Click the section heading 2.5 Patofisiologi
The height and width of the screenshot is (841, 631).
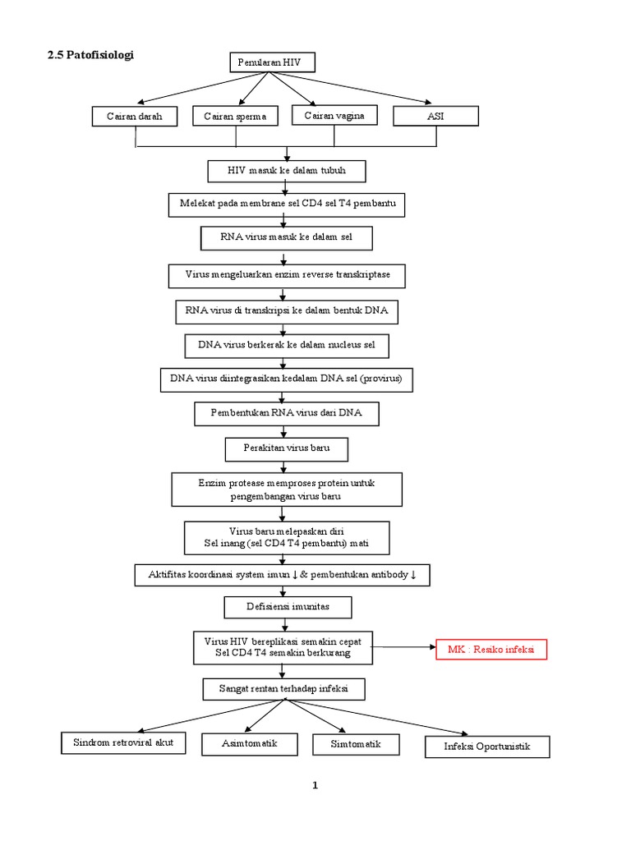coord(90,55)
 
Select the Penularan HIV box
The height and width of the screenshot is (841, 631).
coord(269,62)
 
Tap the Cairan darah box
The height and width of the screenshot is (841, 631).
coord(135,117)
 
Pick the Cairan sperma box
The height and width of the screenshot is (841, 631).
coord(235,117)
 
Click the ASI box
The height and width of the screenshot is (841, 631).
coord(435,117)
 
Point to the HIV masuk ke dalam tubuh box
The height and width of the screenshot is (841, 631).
coord(286,170)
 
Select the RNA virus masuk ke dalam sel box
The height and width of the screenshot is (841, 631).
coord(286,237)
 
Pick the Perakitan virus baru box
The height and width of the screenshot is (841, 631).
coord(286,449)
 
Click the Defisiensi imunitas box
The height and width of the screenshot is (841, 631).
coord(288,607)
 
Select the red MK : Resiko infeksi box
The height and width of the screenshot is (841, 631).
coord(491,650)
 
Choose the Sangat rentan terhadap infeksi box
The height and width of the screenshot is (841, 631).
coord(283,687)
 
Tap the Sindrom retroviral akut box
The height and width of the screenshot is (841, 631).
coord(123,743)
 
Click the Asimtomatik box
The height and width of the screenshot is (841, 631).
coord(249,744)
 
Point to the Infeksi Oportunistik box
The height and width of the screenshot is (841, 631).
coord(486,747)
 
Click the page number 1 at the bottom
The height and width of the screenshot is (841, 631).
coord(315,785)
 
